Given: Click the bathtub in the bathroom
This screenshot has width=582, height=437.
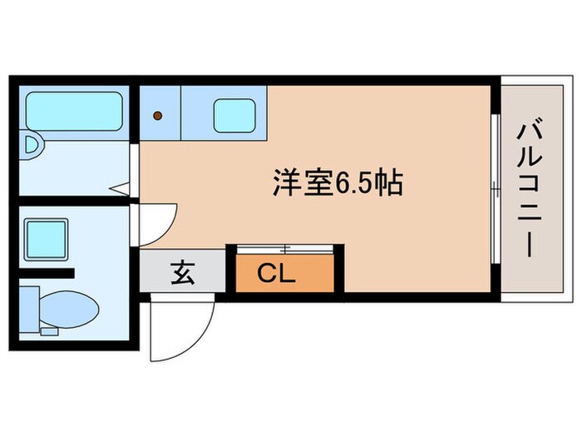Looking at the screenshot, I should [x=72, y=109].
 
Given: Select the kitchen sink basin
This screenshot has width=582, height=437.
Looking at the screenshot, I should [x=234, y=115].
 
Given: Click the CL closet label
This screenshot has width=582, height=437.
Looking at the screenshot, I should [x=275, y=274].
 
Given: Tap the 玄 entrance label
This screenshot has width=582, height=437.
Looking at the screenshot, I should [x=182, y=272].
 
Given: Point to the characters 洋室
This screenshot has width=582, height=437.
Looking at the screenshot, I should [x=303, y=183].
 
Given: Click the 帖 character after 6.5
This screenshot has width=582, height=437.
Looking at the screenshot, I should [x=389, y=183].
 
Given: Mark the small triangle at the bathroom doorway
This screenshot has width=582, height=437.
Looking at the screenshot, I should [x=120, y=189].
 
